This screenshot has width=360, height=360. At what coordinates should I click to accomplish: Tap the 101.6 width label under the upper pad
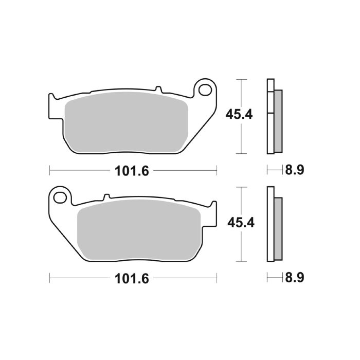point(132,171)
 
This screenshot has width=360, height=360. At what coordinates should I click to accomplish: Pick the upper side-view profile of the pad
point(274,117)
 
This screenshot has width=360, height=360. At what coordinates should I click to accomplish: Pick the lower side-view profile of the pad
point(274,224)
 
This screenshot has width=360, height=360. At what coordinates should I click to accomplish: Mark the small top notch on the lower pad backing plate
point(106,197)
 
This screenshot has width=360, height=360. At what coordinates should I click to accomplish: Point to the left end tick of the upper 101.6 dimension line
point(49,170)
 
